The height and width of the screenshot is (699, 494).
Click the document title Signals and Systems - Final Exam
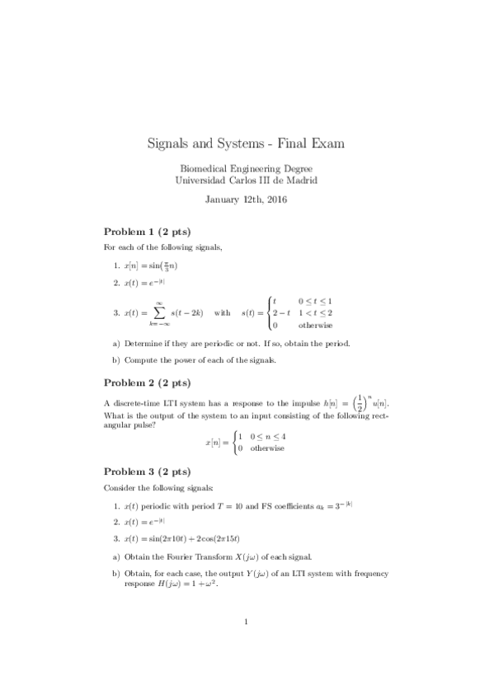pos(246,143)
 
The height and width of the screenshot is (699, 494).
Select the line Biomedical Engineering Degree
pos(246,168)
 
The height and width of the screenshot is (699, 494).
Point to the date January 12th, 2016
pos(246,199)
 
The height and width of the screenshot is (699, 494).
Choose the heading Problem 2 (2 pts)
pos(146,382)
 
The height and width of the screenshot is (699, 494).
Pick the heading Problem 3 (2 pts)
pos(146,471)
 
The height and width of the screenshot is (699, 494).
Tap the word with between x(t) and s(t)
pos(222,313)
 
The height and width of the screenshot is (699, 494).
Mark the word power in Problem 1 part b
pos(191,361)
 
